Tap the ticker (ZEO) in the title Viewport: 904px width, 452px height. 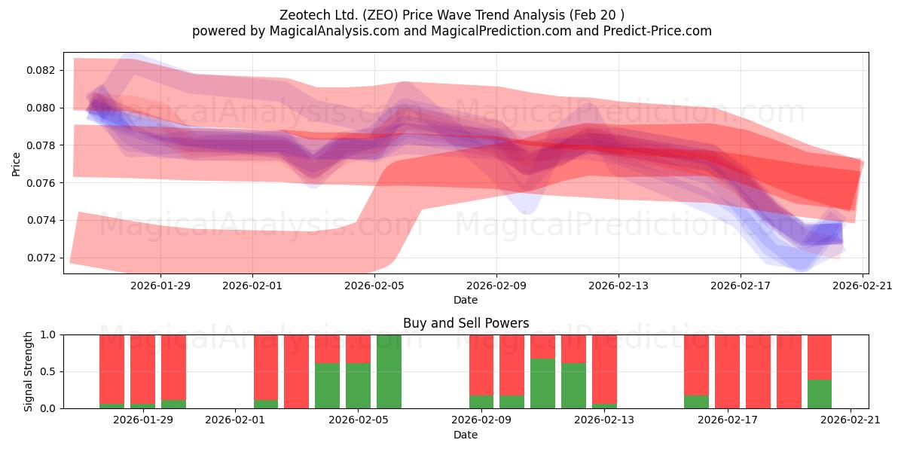tap(380, 15)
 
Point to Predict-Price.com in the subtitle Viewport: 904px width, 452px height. tap(658, 31)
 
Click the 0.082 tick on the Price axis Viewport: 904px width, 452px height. tap(41, 70)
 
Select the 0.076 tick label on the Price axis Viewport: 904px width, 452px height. tap(41, 183)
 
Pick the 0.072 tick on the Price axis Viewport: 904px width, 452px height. tap(41, 258)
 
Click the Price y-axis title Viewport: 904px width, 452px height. tap(16, 164)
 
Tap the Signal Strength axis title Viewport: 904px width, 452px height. tap(28, 371)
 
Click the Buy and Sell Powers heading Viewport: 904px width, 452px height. tap(466, 323)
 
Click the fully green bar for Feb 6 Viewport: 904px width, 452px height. tap(389, 371)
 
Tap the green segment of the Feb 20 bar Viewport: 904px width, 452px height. tap(820, 394)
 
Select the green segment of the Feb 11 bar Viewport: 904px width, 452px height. tap(543, 383)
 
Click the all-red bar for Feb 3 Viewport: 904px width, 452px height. tap(296, 371)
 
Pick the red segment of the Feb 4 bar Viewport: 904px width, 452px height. tap(327, 349)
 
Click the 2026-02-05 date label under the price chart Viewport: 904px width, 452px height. tap(374, 286)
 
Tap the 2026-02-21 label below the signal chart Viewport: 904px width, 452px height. tap(851, 420)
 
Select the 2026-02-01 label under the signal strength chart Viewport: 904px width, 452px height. tap(235, 420)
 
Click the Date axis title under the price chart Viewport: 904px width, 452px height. tap(466, 300)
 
